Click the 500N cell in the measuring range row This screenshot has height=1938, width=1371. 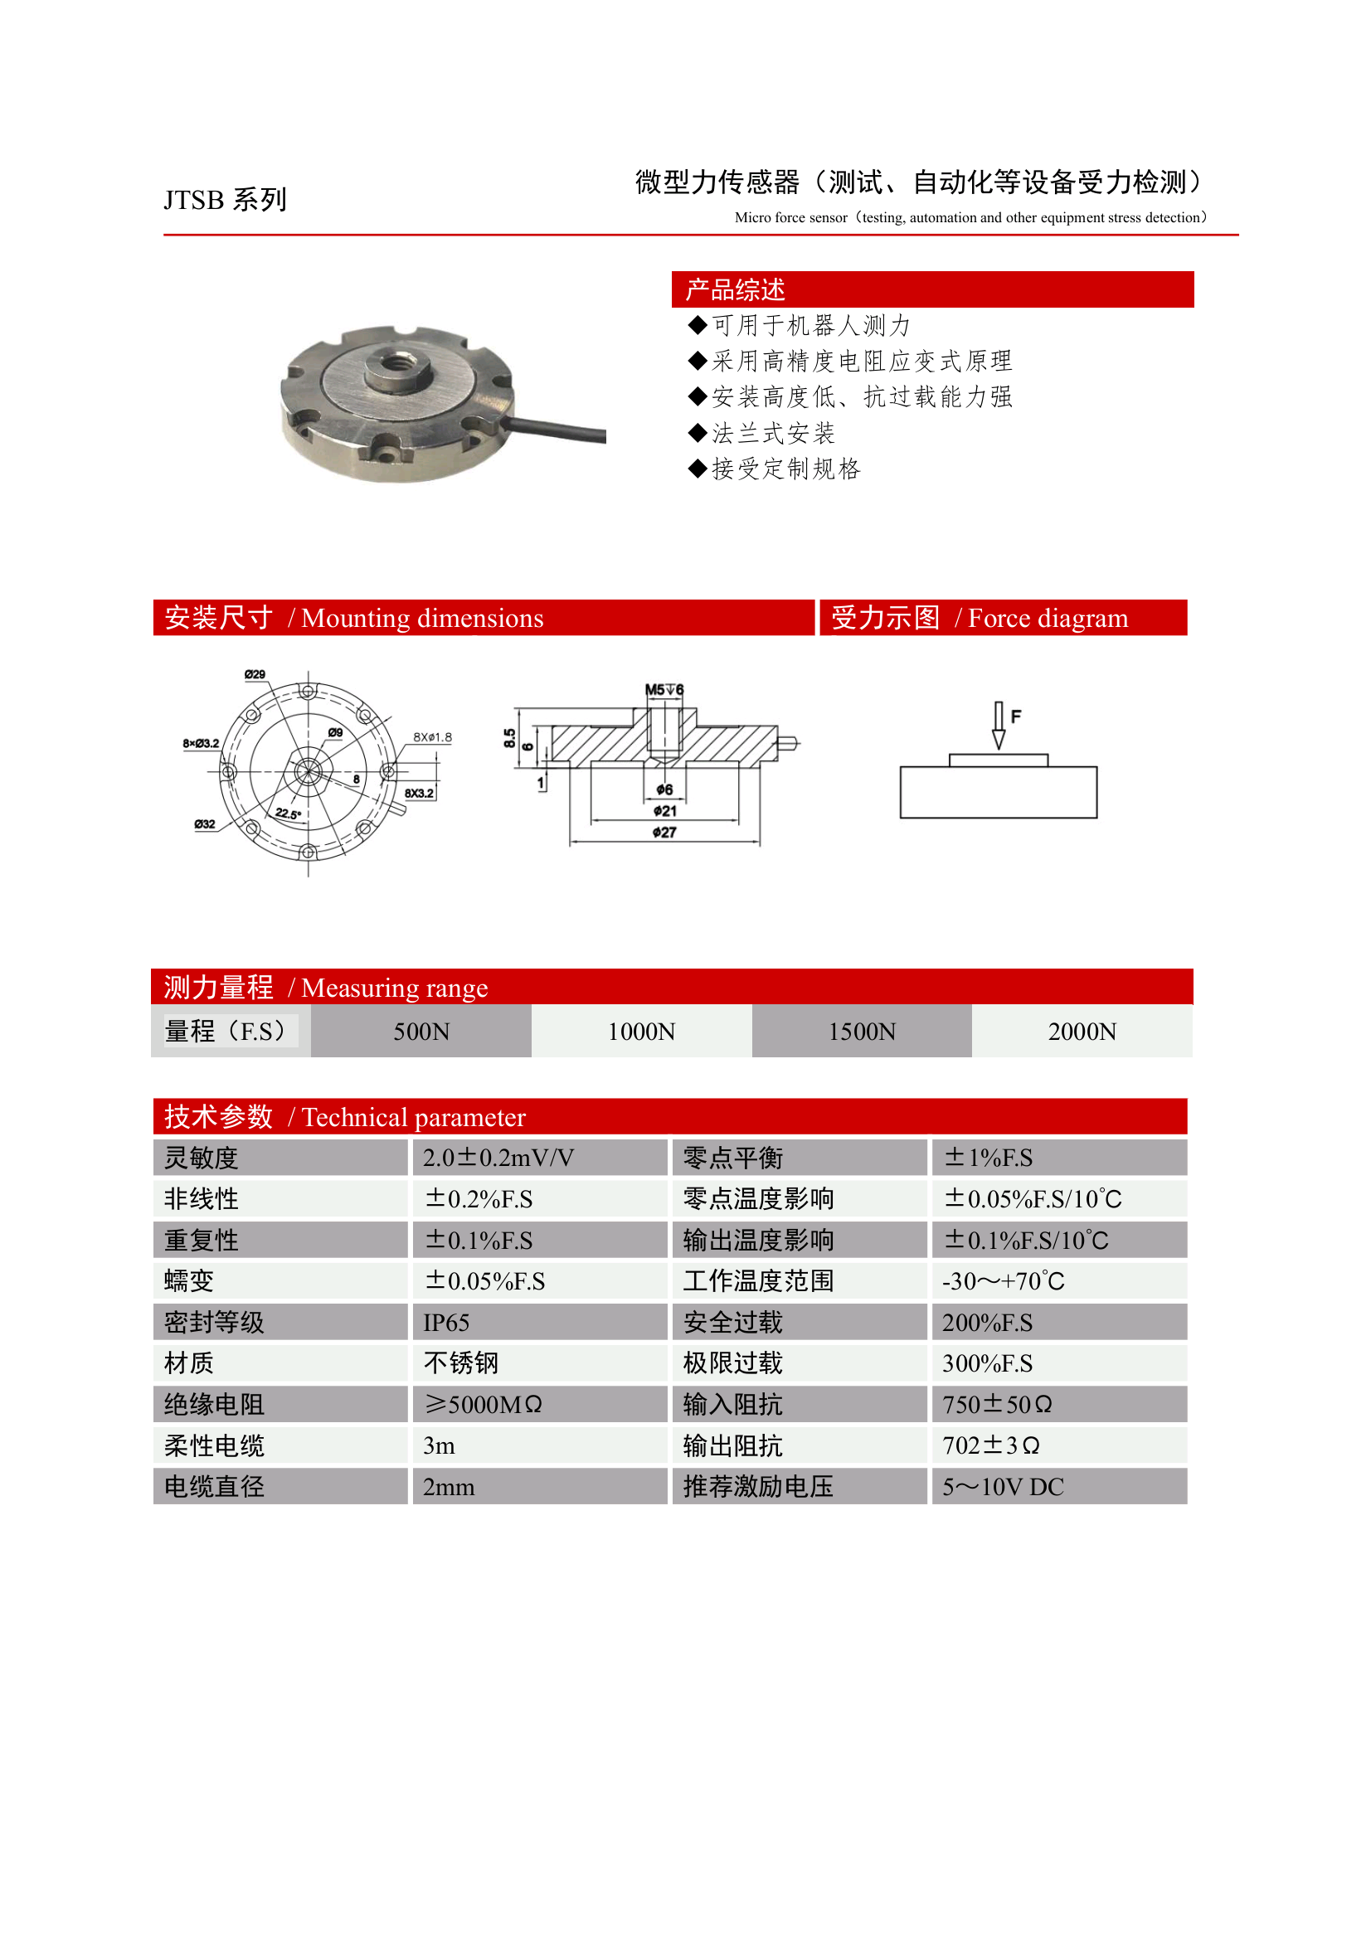[421, 1032]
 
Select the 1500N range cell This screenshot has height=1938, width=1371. [861, 1032]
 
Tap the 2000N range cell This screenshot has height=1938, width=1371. [1082, 1032]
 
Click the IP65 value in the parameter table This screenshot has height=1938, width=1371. [445, 1323]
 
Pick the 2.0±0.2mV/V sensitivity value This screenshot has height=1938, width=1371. [498, 1157]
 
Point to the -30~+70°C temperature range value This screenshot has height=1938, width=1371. [1003, 1281]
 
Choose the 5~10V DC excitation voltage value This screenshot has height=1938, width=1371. [1003, 1487]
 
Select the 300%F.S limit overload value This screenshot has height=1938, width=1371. [987, 1363]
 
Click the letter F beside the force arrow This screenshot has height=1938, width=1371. [1017, 716]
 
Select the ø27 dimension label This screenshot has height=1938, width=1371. [664, 833]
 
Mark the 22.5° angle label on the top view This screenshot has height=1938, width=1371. [288, 814]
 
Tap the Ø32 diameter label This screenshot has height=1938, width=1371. [204, 823]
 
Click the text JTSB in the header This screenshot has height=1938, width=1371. [193, 200]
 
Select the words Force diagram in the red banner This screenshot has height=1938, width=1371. [1048, 618]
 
